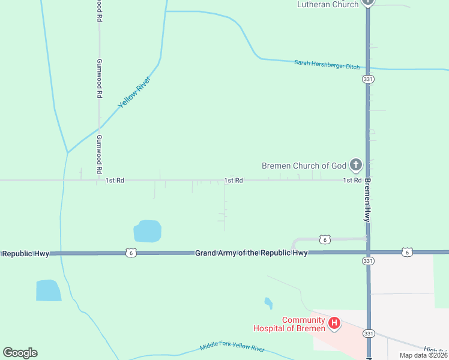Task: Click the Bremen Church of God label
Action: click(304, 166)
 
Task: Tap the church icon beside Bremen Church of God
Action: click(355, 164)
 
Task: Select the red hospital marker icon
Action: click(334, 324)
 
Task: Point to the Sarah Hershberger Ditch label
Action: click(327, 64)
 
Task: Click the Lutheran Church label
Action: click(328, 4)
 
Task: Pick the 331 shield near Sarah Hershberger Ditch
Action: click(369, 79)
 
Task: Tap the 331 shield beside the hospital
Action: click(369, 332)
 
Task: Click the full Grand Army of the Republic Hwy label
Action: click(251, 253)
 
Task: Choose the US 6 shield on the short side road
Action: click(325, 239)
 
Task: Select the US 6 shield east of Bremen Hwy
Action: click(407, 253)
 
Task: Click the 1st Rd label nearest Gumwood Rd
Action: click(115, 180)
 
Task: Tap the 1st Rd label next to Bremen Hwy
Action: click(352, 180)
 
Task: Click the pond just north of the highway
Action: click(148, 231)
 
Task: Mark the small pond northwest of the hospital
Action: click(268, 303)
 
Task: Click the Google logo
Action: click(20, 353)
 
